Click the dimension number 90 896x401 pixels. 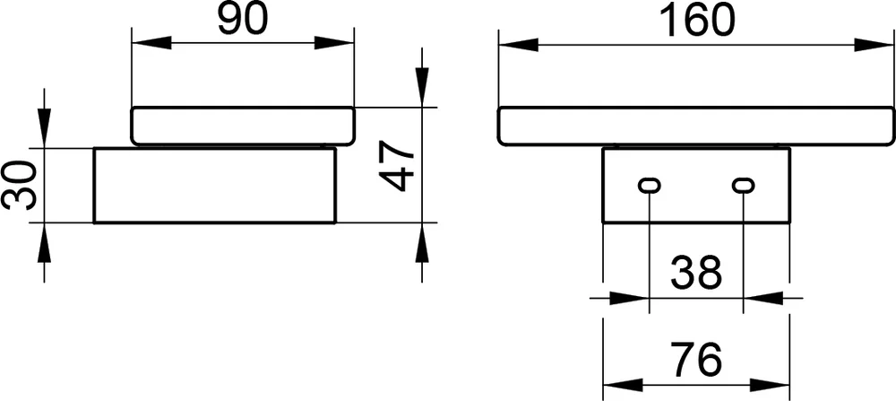(x=243, y=20)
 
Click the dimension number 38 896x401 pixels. (x=696, y=274)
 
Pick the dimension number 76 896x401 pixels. (x=696, y=361)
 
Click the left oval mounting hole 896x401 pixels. (x=649, y=186)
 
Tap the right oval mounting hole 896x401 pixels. (x=744, y=186)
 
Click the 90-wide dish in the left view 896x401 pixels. (x=243, y=126)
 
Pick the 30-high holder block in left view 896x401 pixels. (x=214, y=185)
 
